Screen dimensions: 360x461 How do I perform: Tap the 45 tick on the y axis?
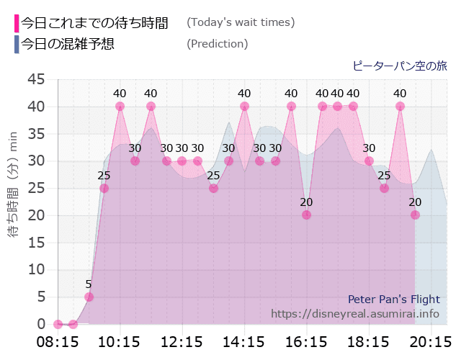(35, 79)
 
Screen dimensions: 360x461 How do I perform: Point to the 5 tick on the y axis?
(40, 297)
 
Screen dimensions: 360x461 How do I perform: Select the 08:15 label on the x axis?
(57, 341)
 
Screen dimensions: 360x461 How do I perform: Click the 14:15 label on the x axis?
(244, 341)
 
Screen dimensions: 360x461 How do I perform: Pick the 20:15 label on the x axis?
(431, 341)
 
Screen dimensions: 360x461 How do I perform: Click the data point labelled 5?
(89, 297)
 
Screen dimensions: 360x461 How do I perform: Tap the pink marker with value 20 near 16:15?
(306, 215)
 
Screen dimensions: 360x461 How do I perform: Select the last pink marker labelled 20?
(415, 215)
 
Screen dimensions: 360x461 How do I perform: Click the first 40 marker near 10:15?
(120, 106)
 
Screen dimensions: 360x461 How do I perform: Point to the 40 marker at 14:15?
(244, 106)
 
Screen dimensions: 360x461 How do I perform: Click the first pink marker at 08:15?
(58, 324)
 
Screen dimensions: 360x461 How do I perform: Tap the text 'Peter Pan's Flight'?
(393, 299)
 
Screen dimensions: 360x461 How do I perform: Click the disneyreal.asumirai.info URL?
(354, 314)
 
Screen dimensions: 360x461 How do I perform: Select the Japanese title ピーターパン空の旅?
(399, 66)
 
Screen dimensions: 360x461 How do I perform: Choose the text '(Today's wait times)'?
(241, 22)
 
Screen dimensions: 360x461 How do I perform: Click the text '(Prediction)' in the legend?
(217, 44)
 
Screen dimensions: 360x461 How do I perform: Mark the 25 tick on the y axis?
(35, 188)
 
